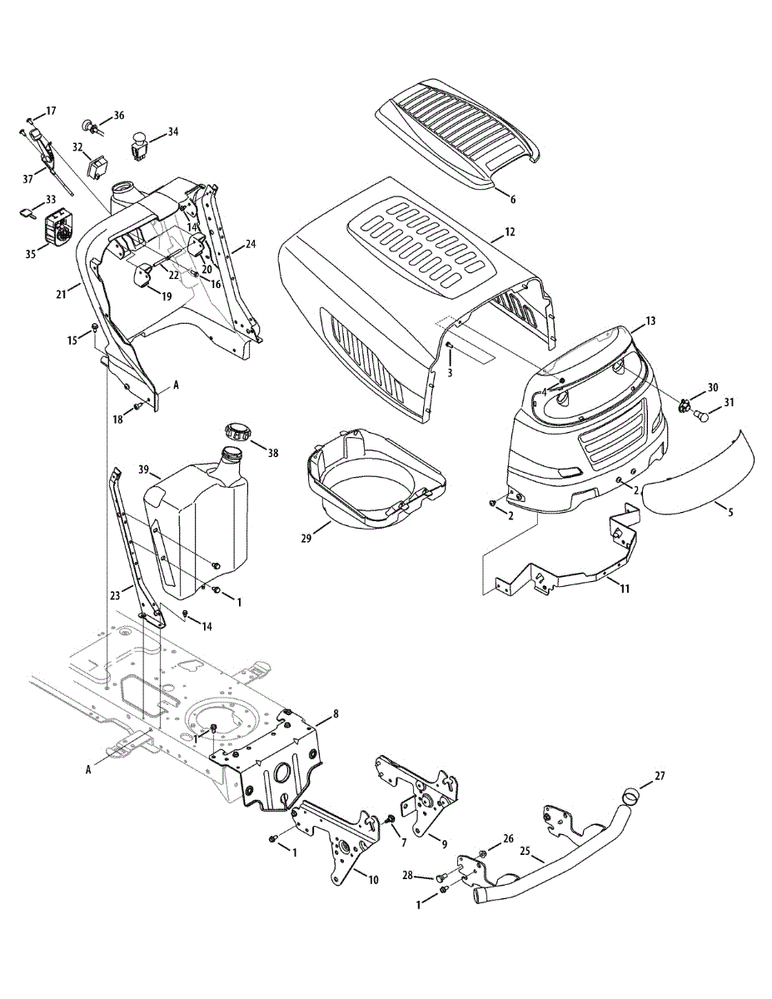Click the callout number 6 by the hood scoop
pos(513,200)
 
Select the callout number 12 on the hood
pos(510,231)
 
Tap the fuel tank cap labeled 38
pos(237,434)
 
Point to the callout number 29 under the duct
pos(306,539)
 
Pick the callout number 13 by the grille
pos(650,321)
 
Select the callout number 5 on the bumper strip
pos(730,512)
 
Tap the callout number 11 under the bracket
pos(625,588)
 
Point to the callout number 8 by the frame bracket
pos(336,713)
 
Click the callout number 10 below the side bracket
pos(373,879)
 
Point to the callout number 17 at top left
pos(51,111)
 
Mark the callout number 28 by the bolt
pos(407,874)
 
